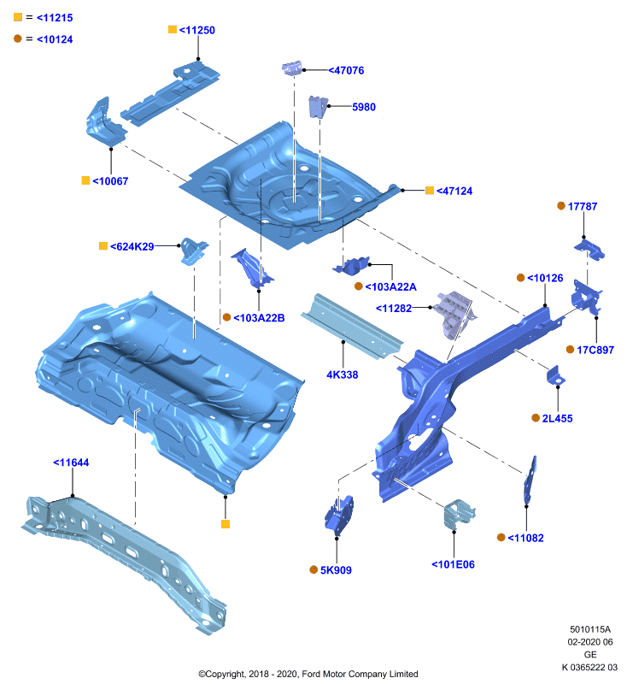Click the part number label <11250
click(x=197, y=30)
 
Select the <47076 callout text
click(x=346, y=70)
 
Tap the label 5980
click(x=364, y=107)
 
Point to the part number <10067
click(x=110, y=181)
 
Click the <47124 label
click(x=454, y=191)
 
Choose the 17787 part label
click(x=583, y=206)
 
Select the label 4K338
click(x=343, y=374)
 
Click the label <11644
click(x=71, y=463)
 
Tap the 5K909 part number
click(x=336, y=570)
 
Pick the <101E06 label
click(x=453, y=564)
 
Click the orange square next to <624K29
click(x=103, y=246)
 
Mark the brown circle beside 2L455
click(x=536, y=418)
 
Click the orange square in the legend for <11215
click(x=18, y=17)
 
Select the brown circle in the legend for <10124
click(x=18, y=38)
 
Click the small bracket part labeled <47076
click(x=291, y=68)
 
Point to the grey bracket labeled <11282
click(x=455, y=313)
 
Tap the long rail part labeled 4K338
click(x=351, y=326)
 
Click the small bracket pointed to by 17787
click(x=589, y=250)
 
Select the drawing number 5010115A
click(x=590, y=629)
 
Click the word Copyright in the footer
click(x=226, y=674)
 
